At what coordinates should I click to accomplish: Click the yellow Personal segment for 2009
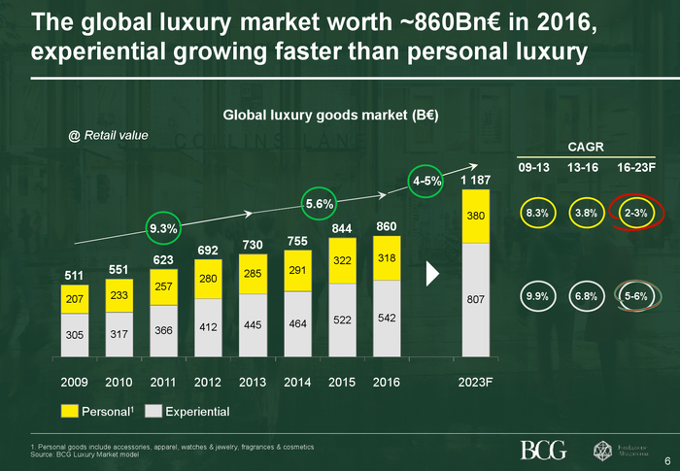(x=75, y=300)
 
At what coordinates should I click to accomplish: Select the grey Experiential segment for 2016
(x=387, y=319)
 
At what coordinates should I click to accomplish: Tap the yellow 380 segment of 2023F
(x=475, y=216)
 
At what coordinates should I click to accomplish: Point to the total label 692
(x=208, y=251)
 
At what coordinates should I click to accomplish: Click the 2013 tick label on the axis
(x=253, y=382)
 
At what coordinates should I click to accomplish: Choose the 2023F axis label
(x=475, y=382)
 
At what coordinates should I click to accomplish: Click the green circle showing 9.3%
(x=162, y=228)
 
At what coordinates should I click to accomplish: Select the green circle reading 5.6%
(x=320, y=204)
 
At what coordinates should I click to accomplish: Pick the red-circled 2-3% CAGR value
(x=636, y=213)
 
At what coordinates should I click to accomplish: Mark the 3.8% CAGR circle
(x=585, y=213)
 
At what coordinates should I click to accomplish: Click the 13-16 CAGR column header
(x=584, y=167)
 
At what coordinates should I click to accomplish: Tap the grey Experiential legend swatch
(x=153, y=412)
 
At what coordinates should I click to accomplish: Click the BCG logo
(x=544, y=449)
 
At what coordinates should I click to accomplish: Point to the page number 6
(x=667, y=459)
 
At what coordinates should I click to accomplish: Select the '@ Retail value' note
(x=108, y=135)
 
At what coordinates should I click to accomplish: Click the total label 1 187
(x=475, y=181)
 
